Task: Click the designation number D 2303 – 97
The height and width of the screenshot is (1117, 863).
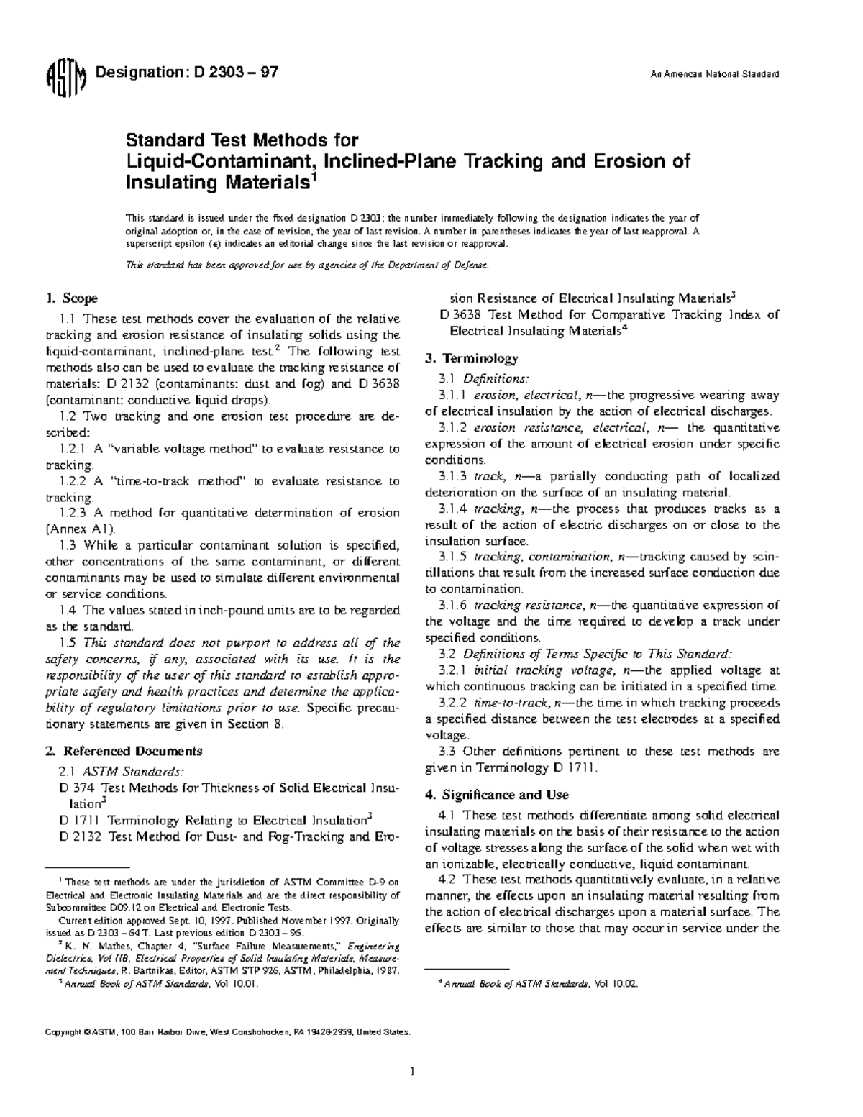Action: [x=232, y=73]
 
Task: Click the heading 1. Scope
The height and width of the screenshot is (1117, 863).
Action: [x=71, y=298]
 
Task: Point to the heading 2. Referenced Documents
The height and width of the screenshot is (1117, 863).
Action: [x=124, y=752]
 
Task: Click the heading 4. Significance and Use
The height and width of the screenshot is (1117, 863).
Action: [x=497, y=795]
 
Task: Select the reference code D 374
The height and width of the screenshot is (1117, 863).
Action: [x=76, y=788]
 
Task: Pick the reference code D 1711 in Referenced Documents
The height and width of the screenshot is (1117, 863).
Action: [x=79, y=821]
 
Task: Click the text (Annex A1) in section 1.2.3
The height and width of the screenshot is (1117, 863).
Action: [x=80, y=529]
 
